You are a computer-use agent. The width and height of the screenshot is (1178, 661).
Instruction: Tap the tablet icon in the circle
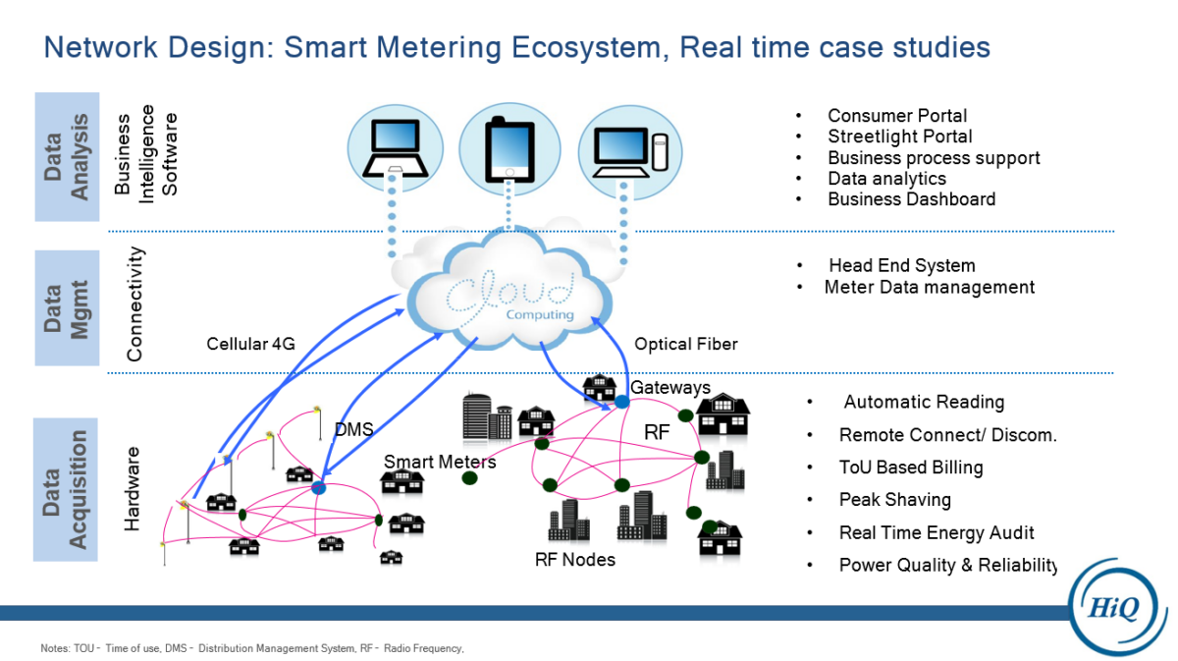[x=509, y=149]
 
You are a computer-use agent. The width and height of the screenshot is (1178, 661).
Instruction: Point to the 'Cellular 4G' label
[x=250, y=344]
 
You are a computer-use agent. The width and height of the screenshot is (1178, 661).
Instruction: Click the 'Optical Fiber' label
[x=685, y=344]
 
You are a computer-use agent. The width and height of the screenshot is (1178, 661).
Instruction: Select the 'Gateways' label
[x=669, y=388]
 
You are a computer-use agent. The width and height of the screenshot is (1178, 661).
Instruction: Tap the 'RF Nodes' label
[x=575, y=560]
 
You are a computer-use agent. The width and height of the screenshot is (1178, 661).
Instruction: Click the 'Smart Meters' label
[x=440, y=462]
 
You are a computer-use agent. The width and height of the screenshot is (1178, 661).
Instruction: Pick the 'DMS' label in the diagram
[x=353, y=429]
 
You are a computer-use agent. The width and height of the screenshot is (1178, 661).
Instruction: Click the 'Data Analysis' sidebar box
[x=67, y=157]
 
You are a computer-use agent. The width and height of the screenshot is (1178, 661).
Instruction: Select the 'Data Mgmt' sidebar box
[x=67, y=307]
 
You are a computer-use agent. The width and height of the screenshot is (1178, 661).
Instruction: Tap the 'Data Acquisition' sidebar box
[x=67, y=488]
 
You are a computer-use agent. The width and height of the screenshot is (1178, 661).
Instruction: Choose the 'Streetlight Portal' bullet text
[x=899, y=137]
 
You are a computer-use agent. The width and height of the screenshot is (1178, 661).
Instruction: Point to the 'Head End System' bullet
[x=901, y=266]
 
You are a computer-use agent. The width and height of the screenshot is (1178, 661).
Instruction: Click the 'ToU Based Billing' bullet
[x=910, y=468]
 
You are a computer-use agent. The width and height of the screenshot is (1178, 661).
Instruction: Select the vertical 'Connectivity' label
[x=135, y=303]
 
